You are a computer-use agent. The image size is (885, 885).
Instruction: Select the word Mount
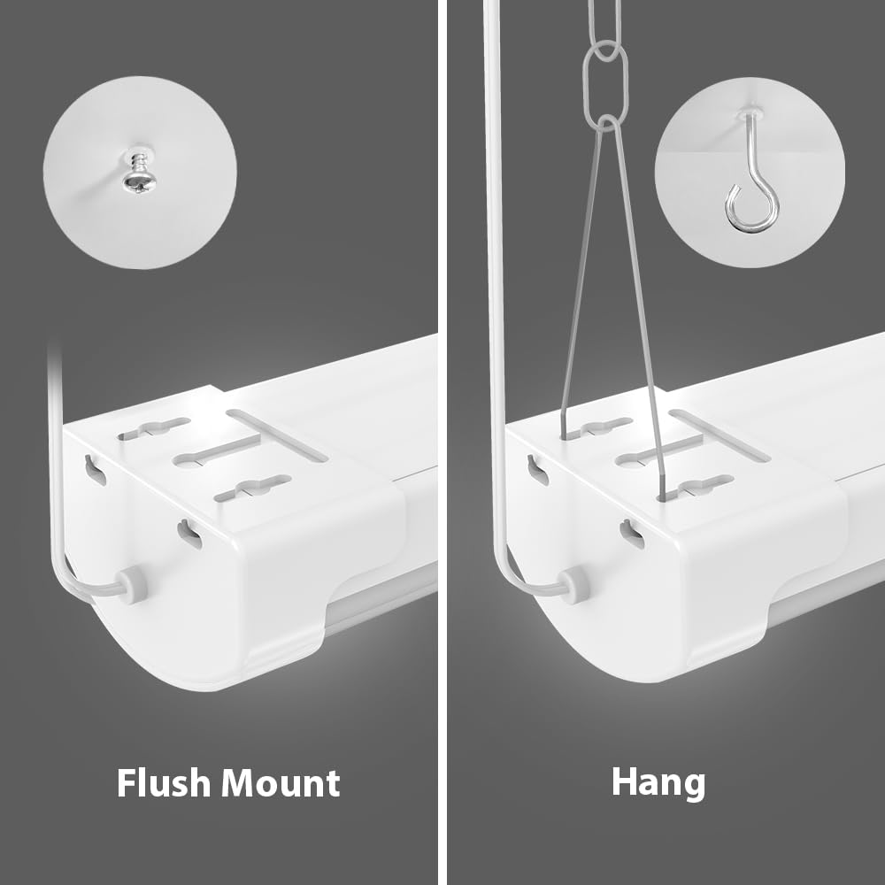281,782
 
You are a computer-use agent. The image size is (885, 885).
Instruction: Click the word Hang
658,782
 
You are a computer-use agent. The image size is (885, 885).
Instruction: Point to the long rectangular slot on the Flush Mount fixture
276,435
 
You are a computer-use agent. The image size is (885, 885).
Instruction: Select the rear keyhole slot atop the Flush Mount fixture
154,429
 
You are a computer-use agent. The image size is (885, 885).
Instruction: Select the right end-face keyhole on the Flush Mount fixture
189,532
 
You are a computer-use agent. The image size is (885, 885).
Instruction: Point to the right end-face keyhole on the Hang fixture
632,532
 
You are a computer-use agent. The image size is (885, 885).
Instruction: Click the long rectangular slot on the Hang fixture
719,435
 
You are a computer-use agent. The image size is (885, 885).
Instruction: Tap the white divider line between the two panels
442,442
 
